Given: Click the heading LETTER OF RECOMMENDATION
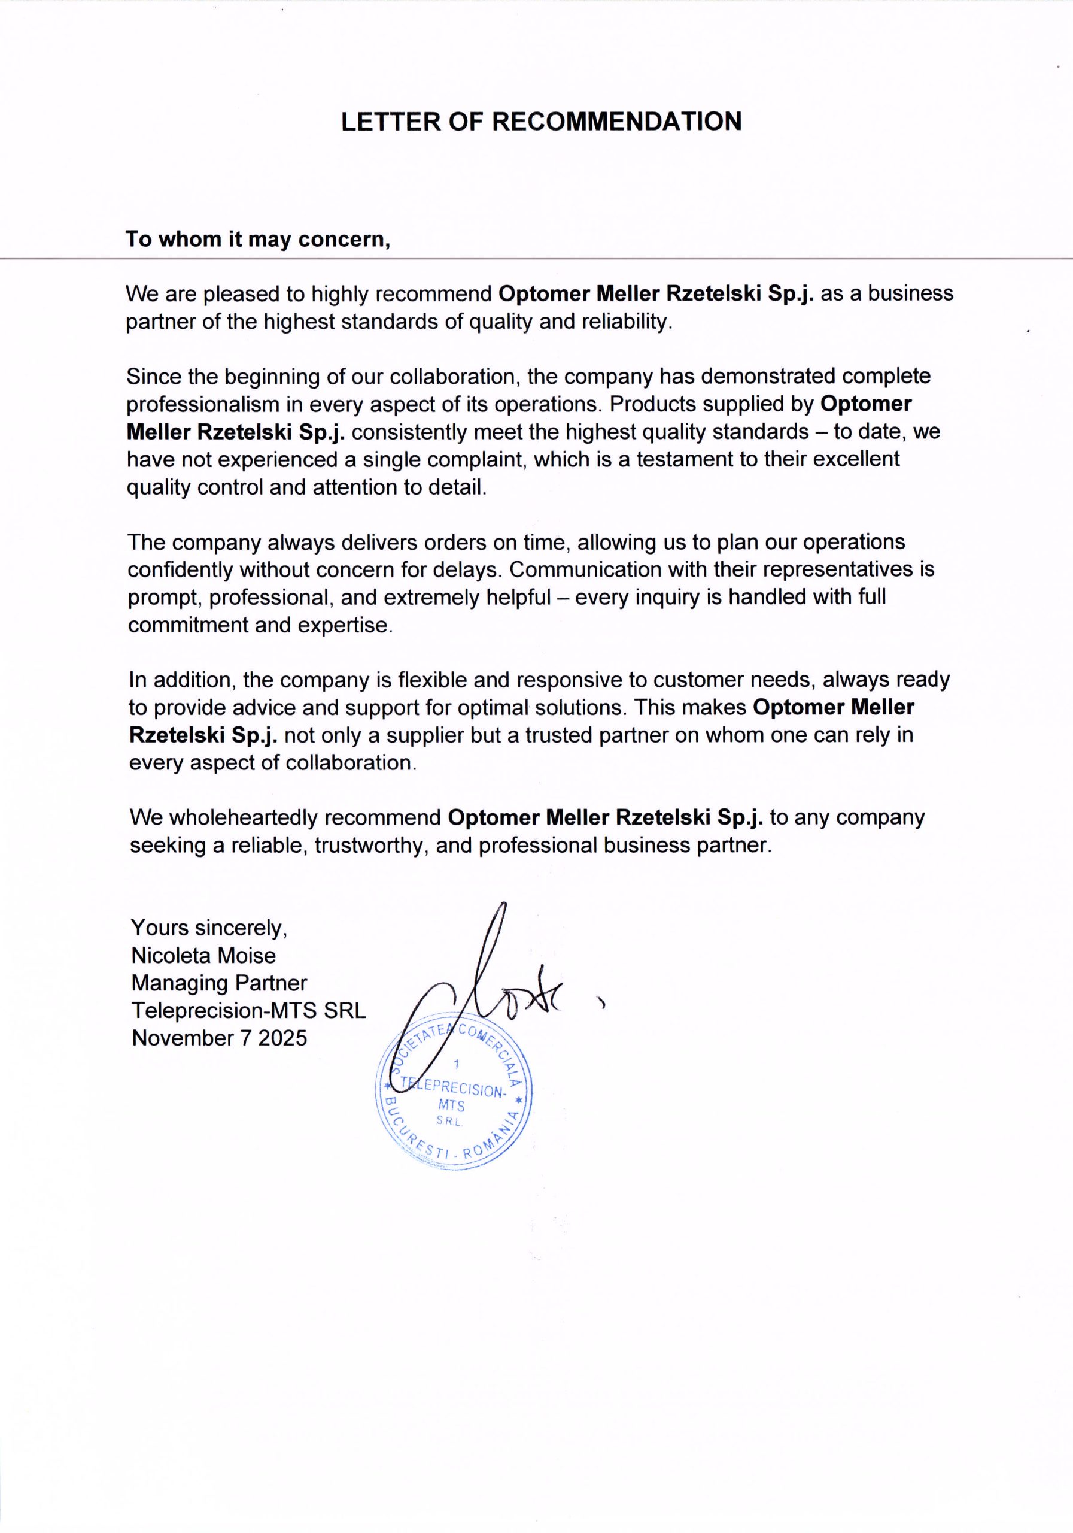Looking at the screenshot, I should coord(540,122).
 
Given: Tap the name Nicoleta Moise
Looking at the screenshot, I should coord(203,956).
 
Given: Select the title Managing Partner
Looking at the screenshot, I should coord(219,983).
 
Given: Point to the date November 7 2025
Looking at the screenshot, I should coord(220,1038).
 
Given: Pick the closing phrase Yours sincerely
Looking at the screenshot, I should coord(209,928).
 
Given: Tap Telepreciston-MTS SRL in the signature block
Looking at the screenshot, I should coord(248,1010).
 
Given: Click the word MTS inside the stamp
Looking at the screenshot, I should coord(452,1105).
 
